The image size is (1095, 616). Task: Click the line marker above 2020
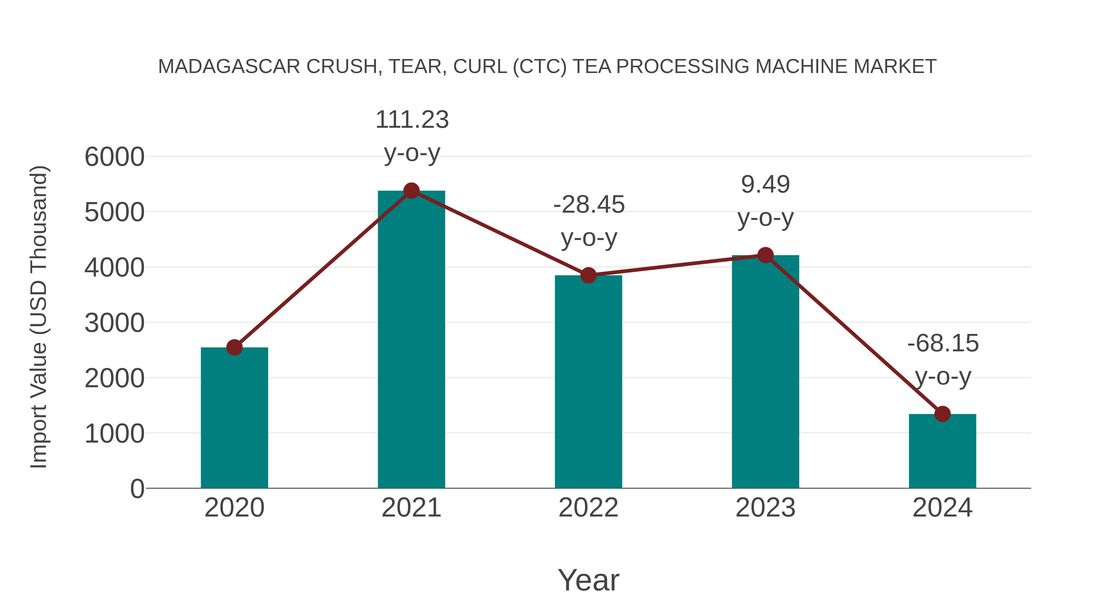coord(234,347)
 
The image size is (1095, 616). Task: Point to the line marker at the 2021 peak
coord(411,191)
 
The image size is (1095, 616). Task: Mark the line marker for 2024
coord(942,414)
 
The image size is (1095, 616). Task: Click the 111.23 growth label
coord(412,120)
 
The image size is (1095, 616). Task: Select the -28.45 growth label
coord(589,205)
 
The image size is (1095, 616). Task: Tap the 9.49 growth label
coord(765,185)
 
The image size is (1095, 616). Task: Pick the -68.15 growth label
coord(943,343)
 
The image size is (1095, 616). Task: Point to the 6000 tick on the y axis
coord(114,157)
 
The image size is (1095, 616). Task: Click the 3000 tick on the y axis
coord(114,323)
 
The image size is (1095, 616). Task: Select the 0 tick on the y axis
coord(137,489)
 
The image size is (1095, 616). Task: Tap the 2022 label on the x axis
coord(588,508)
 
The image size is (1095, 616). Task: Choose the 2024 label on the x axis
coord(942,508)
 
